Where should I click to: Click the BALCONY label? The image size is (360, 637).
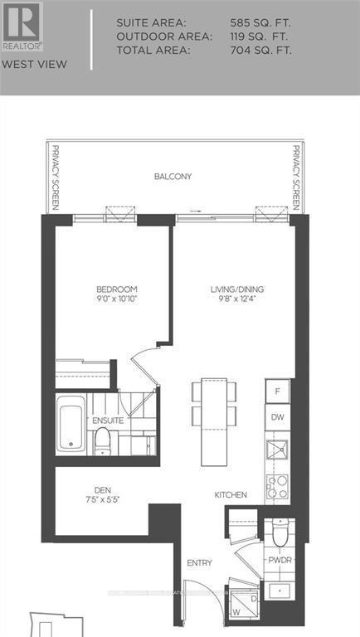pos(173,177)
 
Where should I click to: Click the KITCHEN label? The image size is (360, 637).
pos(231,495)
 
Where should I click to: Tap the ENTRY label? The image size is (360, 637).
pos(199,563)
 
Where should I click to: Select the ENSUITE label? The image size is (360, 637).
pos(108,421)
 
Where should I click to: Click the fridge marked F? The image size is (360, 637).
pos(278,390)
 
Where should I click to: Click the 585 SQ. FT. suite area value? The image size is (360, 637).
pos(261,23)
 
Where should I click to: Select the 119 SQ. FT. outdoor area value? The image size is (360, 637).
pos(261,36)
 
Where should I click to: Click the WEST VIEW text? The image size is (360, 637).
pos(23,64)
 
